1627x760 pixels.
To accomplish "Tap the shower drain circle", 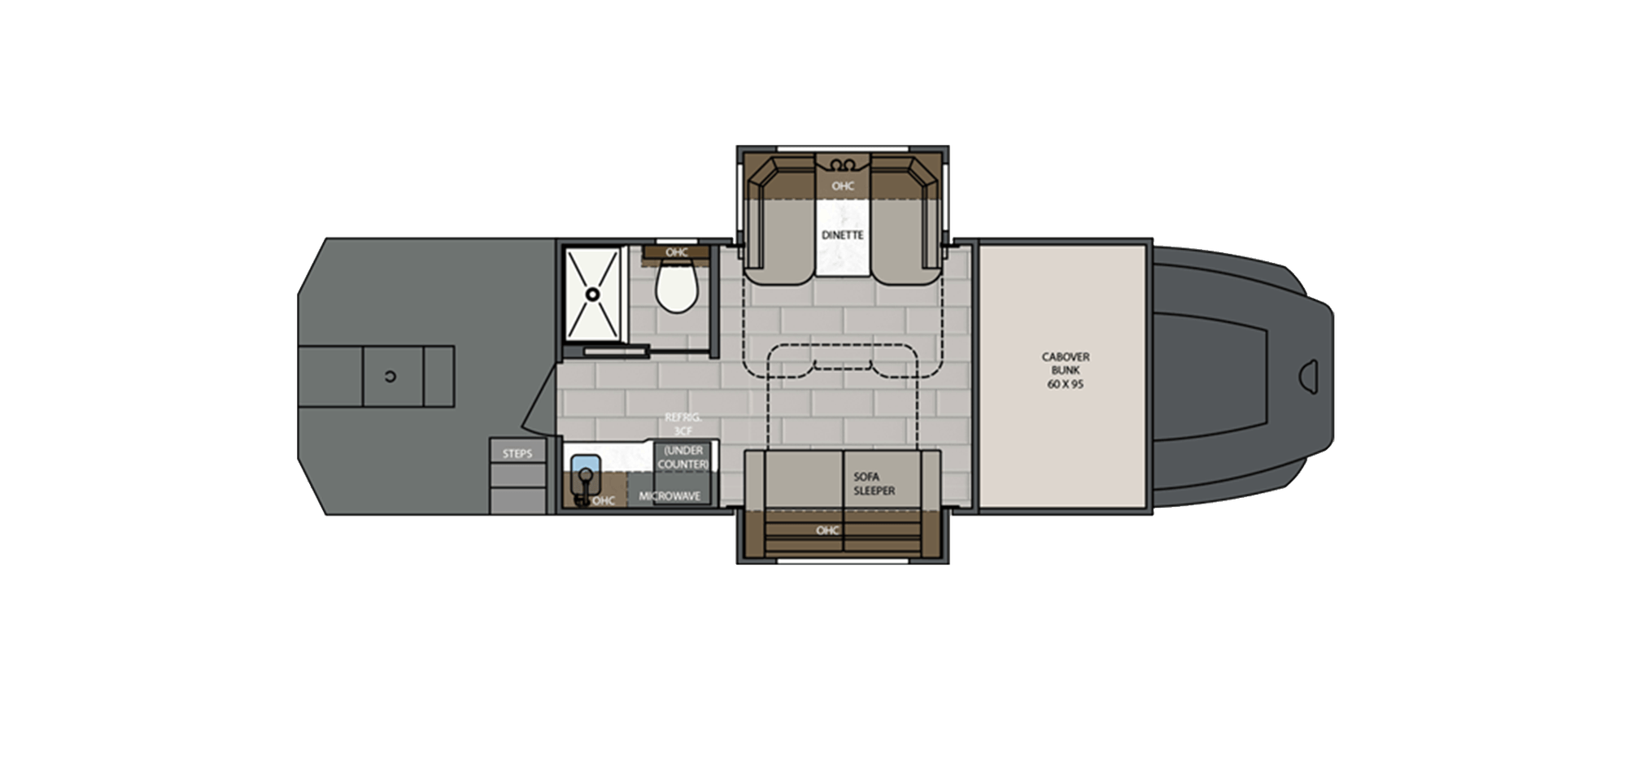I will [593, 294].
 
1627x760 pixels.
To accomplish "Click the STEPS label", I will [517, 453].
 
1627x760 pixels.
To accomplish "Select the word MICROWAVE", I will [670, 496].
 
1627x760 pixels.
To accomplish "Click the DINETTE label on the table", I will [843, 235].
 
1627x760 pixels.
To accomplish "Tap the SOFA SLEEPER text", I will [875, 484].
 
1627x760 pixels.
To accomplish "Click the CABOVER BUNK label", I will [1065, 363].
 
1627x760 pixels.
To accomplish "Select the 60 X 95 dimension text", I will [1065, 382].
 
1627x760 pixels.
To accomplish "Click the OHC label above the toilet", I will [676, 252].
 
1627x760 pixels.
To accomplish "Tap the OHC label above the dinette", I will [843, 186].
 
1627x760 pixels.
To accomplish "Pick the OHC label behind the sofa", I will [827, 531].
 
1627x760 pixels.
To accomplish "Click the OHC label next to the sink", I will [604, 500].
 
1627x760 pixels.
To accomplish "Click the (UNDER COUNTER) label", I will [683, 457].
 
